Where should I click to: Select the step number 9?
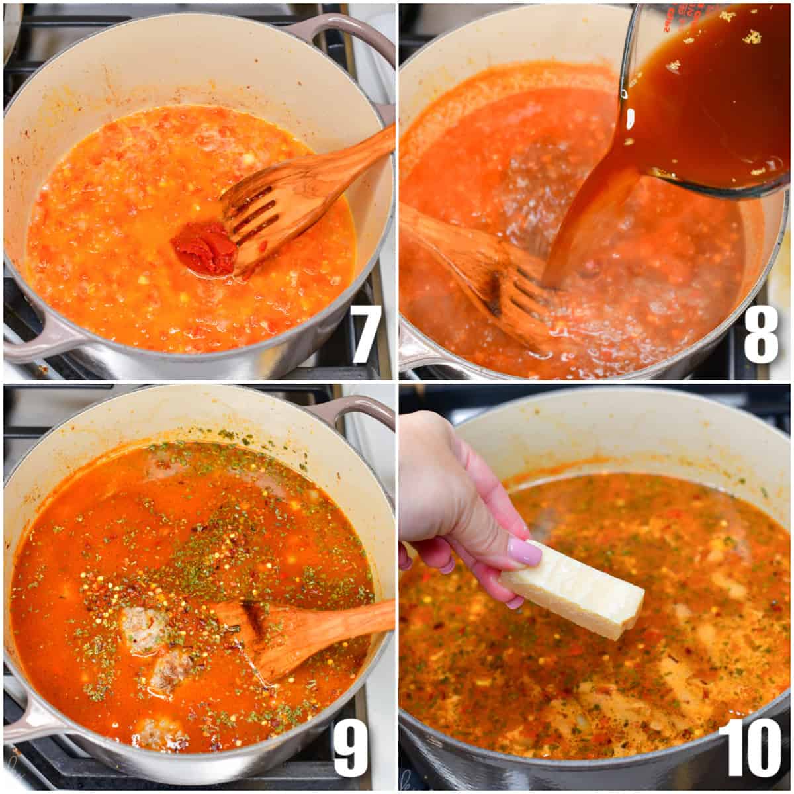pyautogui.click(x=351, y=748)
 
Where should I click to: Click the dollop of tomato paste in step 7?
pyautogui.click(x=204, y=248)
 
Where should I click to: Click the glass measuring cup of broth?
pyautogui.click(x=715, y=93)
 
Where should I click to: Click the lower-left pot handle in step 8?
pyautogui.click(x=414, y=351)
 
